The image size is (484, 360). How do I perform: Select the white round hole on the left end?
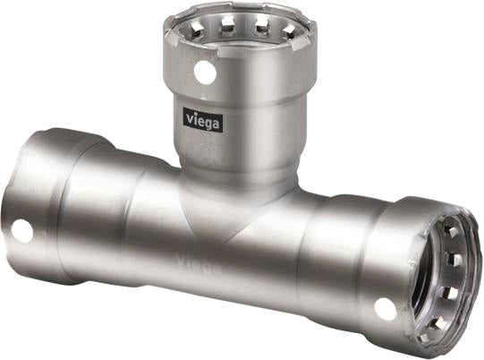pos(21,230)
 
